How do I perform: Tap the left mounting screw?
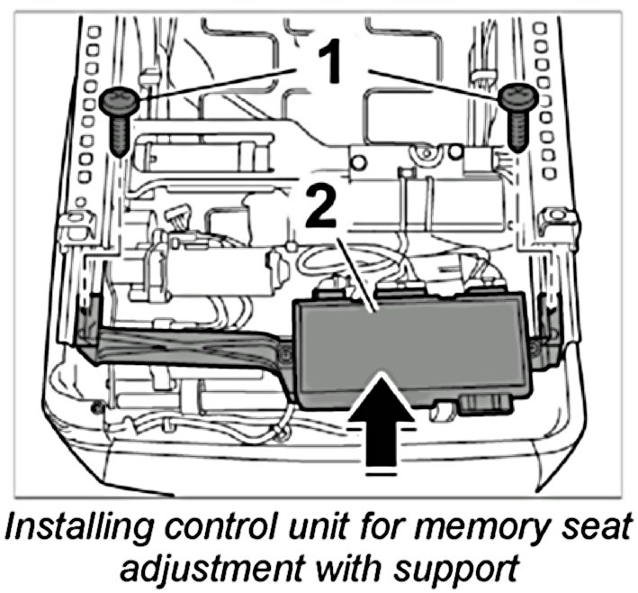(x=120, y=116)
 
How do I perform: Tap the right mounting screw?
(x=517, y=114)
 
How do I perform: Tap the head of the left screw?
(x=120, y=99)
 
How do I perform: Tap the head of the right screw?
(x=517, y=96)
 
